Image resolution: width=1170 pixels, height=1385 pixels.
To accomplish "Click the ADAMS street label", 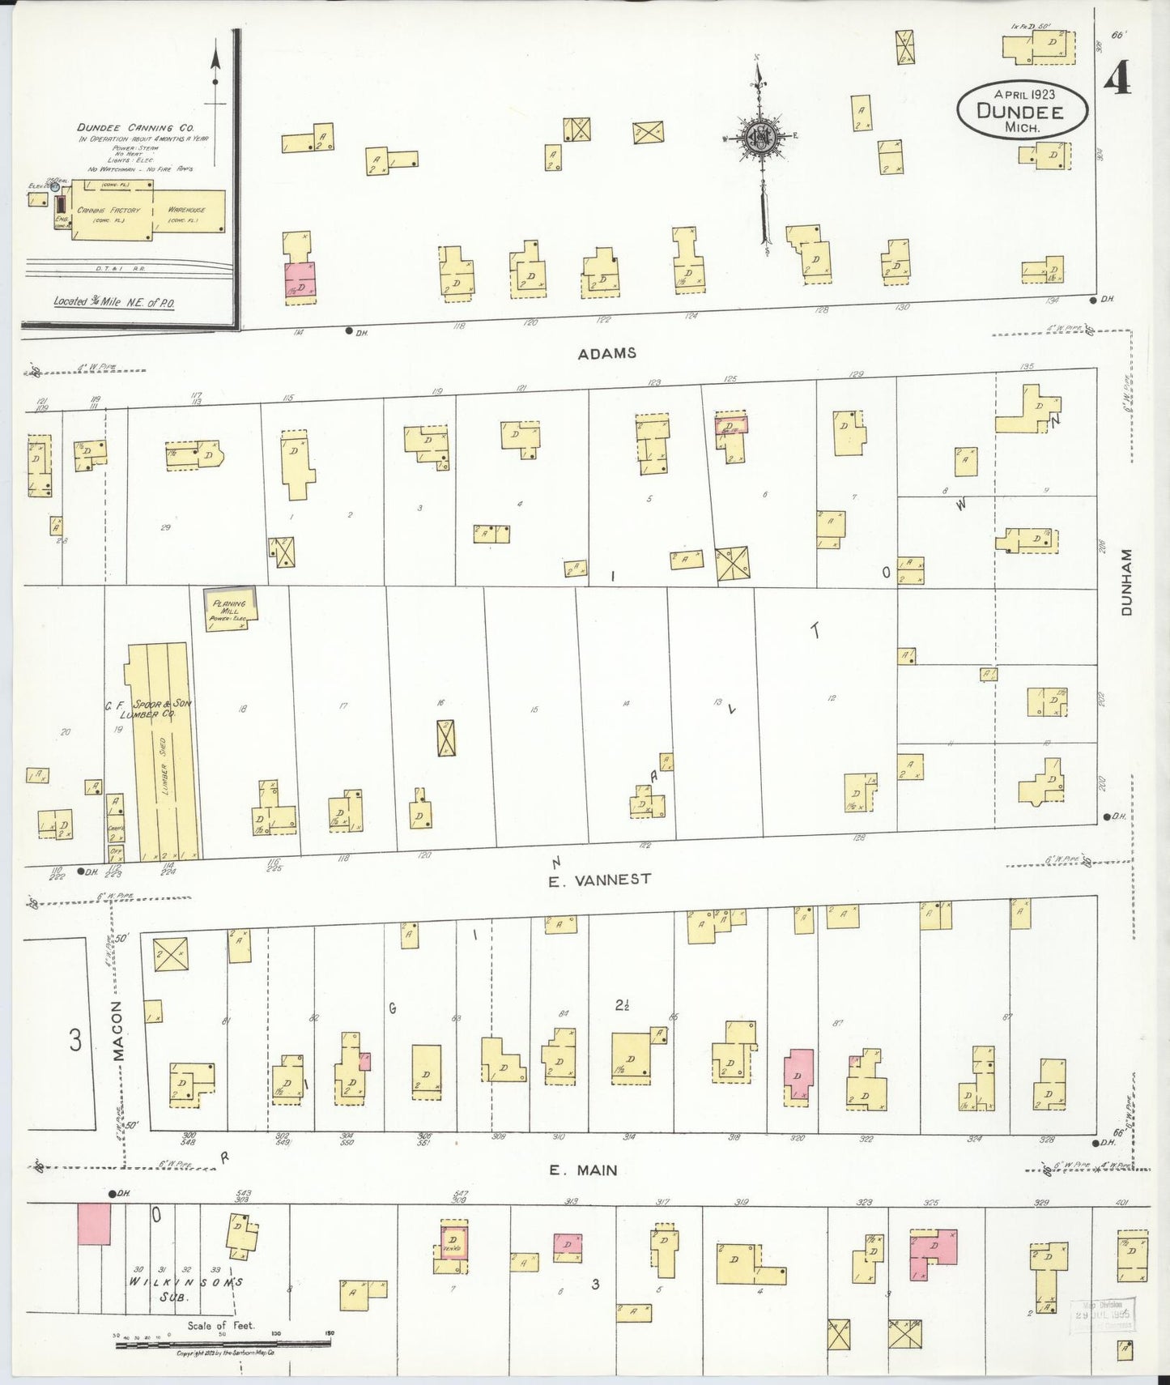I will tap(606, 353).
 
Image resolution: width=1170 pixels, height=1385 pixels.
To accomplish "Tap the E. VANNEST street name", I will tap(599, 880).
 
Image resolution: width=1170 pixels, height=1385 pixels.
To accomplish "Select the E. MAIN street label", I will tap(583, 1170).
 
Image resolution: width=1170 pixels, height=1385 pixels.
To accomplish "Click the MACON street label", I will tap(118, 1031).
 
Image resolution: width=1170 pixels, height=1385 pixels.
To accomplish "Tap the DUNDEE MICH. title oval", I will tap(1021, 109).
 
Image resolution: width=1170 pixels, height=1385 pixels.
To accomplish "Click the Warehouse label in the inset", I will tap(187, 211).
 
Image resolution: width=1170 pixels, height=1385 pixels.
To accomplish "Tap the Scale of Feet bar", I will tap(223, 1344).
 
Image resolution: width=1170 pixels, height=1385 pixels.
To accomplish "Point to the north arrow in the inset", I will tap(215, 65).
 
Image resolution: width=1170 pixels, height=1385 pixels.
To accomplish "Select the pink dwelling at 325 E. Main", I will tap(933, 1251).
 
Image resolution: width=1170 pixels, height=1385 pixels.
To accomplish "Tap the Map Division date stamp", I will tap(1103, 1315).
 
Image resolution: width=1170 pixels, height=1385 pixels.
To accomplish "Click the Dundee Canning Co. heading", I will tap(136, 127).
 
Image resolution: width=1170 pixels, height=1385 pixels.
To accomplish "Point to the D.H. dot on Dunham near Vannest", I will tap(1107, 817).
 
